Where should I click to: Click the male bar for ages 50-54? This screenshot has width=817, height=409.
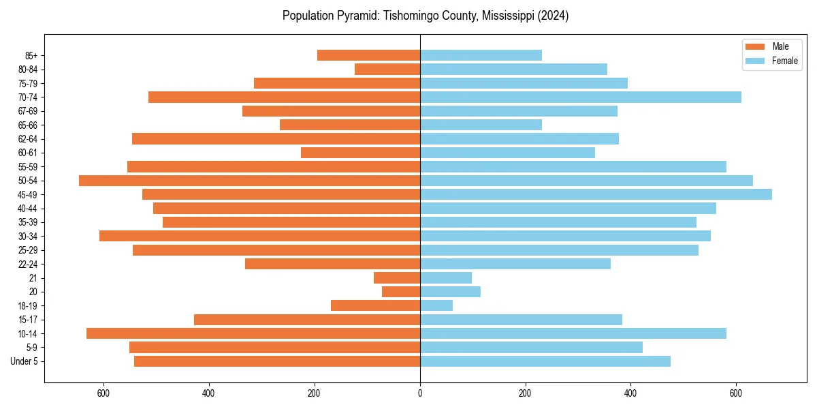[x=249, y=181]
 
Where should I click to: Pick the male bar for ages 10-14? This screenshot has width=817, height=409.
[x=253, y=333]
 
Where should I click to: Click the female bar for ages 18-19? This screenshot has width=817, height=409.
[x=436, y=305]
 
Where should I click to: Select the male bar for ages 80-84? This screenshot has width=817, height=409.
[x=387, y=70]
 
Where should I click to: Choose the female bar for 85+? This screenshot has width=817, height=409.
[x=481, y=55]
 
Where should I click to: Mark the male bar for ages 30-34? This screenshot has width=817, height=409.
[x=259, y=236]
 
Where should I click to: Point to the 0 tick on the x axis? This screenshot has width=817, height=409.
[x=420, y=393]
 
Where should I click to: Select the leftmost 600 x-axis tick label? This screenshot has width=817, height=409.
[x=103, y=393]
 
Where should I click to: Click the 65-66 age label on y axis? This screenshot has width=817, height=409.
[x=28, y=125]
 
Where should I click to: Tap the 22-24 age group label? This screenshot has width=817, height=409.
[x=28, y=264]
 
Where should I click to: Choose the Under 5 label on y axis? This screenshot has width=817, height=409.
[x=25, y=361]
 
